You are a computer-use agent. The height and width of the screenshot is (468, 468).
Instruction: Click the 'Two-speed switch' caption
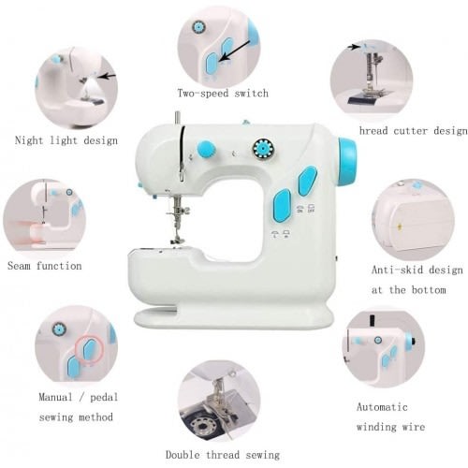point(223,93)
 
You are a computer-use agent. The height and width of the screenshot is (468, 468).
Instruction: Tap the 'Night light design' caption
point(66,140)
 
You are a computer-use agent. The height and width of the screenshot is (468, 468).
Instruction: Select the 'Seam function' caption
point(45,266)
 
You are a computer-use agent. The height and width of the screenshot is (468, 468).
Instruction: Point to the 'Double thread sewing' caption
point(223,455)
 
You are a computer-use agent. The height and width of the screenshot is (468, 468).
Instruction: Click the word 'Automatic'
point(382,407)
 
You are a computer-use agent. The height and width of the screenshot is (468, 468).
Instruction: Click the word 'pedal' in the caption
point(104,398)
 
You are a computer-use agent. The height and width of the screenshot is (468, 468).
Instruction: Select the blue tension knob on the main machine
point(207,149)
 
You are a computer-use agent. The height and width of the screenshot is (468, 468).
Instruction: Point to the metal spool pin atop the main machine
point(177,119)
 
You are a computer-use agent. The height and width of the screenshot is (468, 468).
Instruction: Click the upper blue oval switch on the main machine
point(308,182)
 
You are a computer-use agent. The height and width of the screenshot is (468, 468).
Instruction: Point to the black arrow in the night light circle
point(107,76)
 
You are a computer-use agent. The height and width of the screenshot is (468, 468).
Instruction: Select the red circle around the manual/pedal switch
point(89,350)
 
